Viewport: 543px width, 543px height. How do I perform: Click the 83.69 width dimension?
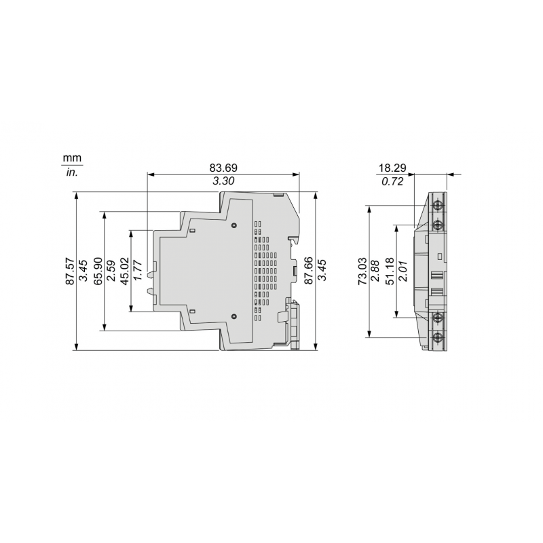[x=223, y=168]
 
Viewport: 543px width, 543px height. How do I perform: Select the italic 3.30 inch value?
[x=223, y=181]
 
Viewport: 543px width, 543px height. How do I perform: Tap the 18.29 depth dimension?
[x=394, y=168]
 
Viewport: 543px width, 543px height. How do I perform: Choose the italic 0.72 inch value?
[x=394, y=181]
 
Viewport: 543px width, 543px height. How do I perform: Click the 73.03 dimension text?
[x=362, y=271]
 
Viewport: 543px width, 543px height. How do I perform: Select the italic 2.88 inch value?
[x=375, y=271]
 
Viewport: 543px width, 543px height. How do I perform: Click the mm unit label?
[x=71, y=158]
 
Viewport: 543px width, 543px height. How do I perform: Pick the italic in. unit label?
[x=71, y=172]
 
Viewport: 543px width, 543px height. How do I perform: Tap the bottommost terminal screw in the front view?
[x=438, y=337]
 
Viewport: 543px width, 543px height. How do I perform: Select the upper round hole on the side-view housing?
[x=233, y=225]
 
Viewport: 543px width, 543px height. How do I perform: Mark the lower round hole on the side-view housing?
[x=233, y=317]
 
